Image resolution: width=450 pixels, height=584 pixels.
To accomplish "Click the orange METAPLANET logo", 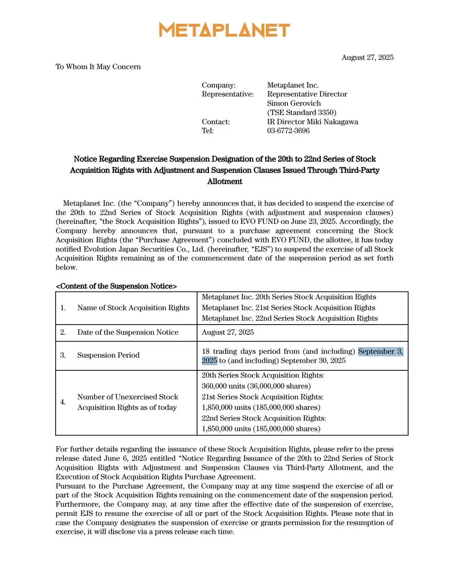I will point(225,30).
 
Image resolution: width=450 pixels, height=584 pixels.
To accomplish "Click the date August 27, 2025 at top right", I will point(367,57).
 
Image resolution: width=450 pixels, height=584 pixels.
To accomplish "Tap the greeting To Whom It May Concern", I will point(98,67).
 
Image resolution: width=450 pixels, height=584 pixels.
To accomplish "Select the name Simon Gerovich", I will point(295,103).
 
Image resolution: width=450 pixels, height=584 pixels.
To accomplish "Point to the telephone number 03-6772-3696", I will point(288,131).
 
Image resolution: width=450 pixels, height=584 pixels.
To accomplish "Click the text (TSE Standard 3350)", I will point(301,112).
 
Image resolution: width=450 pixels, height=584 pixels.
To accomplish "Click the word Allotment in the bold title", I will point(225,182).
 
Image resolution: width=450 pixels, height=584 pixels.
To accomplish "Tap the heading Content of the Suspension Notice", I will point(116,286).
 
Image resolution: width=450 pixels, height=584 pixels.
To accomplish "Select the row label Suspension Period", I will point(108,355).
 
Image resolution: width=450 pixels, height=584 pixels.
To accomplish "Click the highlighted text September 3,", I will point(380,351).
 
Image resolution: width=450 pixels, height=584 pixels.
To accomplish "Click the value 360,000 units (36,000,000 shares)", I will point(261,386).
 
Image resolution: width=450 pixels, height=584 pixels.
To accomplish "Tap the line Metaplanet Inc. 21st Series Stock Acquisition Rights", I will point(288,308).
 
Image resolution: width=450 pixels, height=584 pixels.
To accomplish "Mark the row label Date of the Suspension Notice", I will point(128,332).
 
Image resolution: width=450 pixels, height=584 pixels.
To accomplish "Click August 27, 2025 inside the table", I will point(228,332).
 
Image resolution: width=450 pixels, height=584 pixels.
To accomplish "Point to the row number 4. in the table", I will point(63,402).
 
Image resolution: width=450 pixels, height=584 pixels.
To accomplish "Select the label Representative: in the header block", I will point(227,94).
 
